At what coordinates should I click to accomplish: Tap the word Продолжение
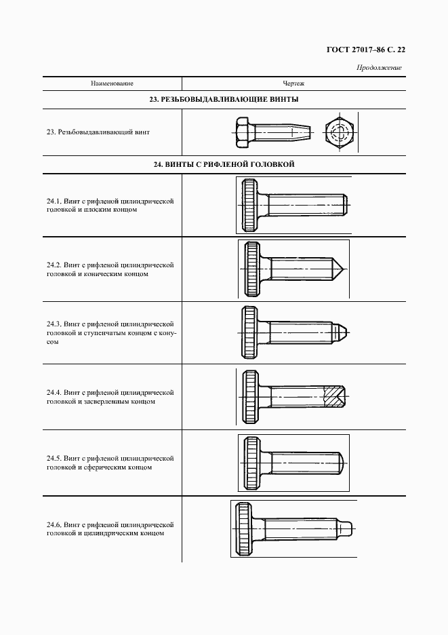tap(379, 67)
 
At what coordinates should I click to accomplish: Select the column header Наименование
tap(112, 83)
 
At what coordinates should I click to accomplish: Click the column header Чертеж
tap(293, 83)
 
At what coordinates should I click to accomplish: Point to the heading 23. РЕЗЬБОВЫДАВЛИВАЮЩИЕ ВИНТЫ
tap(224, 100)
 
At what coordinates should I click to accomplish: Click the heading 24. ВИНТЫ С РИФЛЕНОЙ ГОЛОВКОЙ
tap(224, 164)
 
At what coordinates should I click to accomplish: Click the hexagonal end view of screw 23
tap(338, 132)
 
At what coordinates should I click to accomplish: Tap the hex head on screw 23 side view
tap(242, 132)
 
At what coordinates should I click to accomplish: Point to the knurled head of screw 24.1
tap(249, 204)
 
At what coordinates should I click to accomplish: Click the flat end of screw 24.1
tap(346, 204)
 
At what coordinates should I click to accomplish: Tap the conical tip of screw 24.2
tap(340, 269)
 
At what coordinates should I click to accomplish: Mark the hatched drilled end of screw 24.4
tap(333, 396)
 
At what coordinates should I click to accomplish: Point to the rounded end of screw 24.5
tap(344, 464)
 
